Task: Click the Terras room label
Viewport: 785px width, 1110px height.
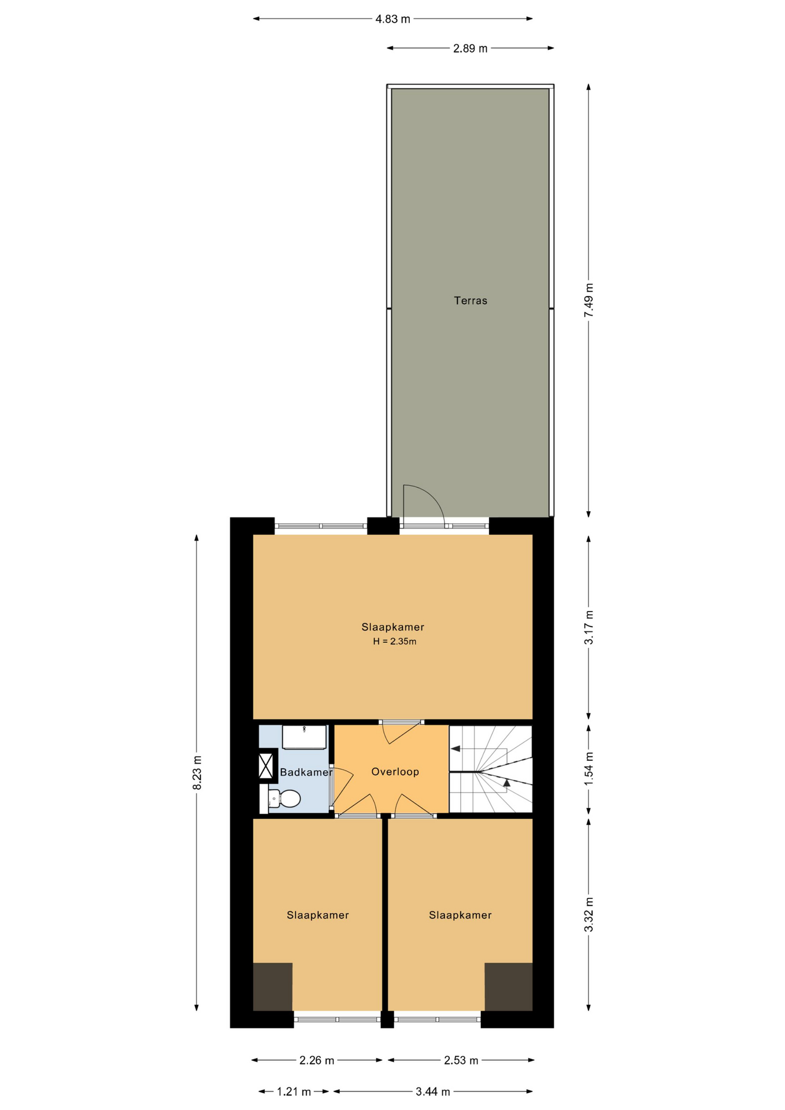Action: [470, 301]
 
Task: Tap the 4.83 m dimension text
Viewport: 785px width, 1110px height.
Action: [392, 19]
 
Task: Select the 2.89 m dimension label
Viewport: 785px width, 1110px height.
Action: [470, 49]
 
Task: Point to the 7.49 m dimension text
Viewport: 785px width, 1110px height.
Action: [588, 300]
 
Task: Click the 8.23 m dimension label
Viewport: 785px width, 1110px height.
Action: [197, 772]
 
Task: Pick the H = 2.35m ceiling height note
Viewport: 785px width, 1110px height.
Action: [395, 641]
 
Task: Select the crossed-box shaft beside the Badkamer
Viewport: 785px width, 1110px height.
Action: [266, 765]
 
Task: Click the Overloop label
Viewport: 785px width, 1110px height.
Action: [395, 772]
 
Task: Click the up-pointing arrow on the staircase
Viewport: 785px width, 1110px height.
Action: [507, 783]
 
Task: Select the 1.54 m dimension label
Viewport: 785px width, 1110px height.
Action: [588, 768]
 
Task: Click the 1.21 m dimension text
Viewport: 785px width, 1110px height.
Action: [294, 1092]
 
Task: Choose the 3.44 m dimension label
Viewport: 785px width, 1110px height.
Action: [432, 1092]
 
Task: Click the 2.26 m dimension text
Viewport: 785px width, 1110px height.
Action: [317, 1060]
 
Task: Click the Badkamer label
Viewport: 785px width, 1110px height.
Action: [306, 772]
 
